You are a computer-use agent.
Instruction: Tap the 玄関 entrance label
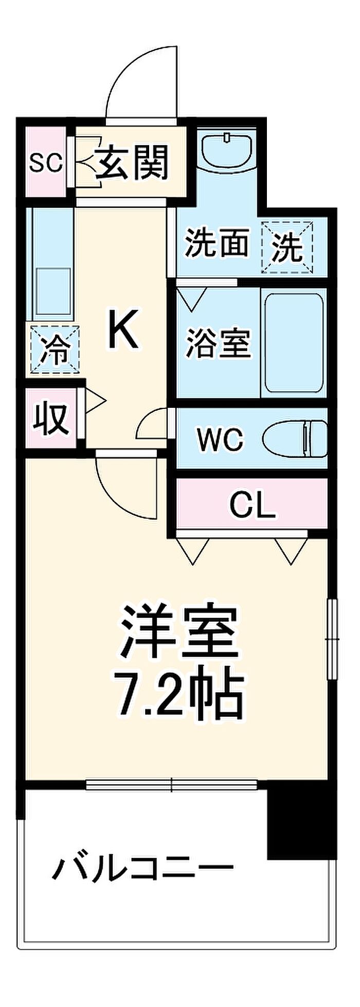[133, 162]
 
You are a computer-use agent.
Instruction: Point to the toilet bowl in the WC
[294, 439]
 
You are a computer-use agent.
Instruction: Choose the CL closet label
[253, 507]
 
